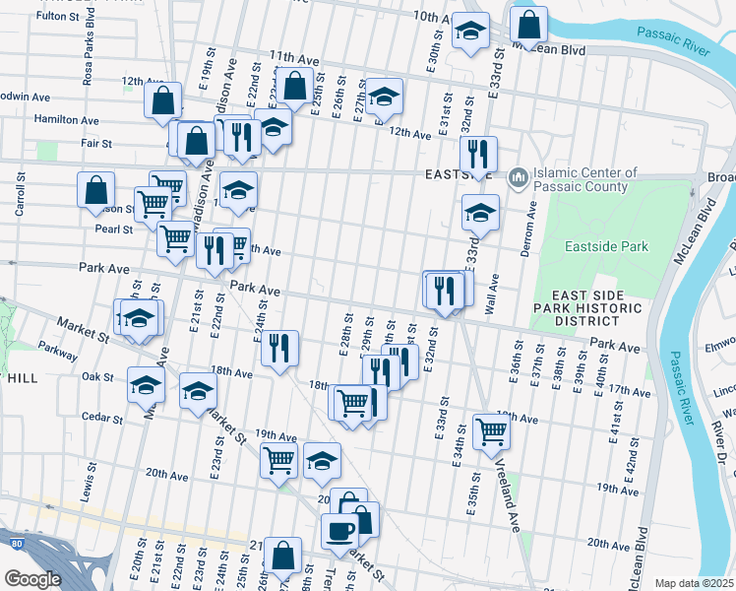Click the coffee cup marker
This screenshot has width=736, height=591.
(340, 530)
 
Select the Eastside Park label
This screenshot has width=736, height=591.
(606, 246)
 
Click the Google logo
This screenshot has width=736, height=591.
(32, 580)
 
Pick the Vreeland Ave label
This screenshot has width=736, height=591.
(505, 497)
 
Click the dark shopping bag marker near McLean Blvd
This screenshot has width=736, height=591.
(528, 27)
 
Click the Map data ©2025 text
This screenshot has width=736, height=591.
(695, 583)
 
